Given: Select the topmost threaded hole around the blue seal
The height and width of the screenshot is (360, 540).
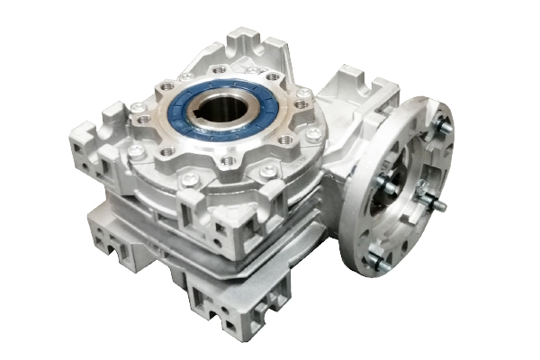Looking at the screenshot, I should click(218, 68).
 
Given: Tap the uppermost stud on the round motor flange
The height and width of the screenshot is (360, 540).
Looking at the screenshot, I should click(443, 127).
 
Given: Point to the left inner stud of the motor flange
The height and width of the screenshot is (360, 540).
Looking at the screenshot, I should click(382, 183).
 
